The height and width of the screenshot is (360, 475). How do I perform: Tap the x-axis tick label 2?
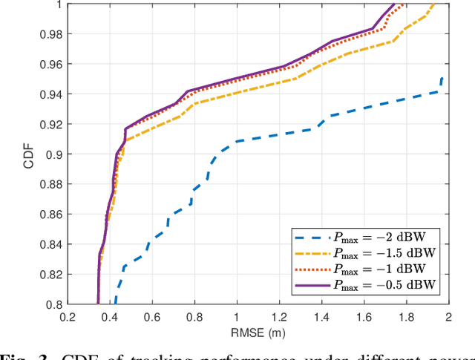point(448,316)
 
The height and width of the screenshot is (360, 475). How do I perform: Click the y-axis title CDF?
point(29,154)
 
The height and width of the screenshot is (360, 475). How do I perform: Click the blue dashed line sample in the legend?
point(311,239)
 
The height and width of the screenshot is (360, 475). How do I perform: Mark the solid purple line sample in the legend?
point(311,285)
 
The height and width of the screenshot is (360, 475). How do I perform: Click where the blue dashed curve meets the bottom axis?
point(114,303)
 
